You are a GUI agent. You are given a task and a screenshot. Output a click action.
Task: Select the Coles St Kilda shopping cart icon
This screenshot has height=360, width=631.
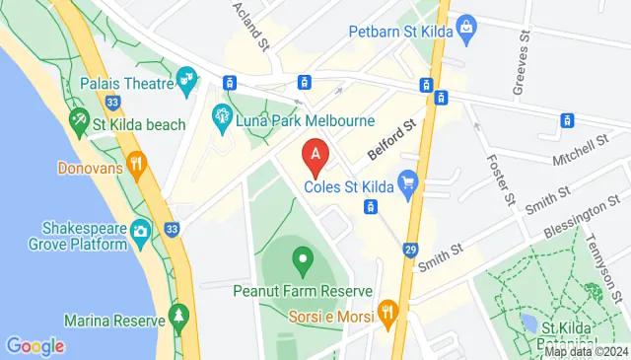[407, 182]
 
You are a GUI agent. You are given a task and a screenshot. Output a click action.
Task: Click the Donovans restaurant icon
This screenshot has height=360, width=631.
[136, 166]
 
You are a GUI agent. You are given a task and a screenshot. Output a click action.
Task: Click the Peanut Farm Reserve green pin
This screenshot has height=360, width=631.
[302, 263]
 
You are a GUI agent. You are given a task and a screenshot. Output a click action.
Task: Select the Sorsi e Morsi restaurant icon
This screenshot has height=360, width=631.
[388, 316]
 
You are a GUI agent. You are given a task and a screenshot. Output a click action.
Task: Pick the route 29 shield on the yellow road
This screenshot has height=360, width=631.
[409, 251]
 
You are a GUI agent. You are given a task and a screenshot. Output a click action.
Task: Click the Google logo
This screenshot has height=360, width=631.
[35, 346]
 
